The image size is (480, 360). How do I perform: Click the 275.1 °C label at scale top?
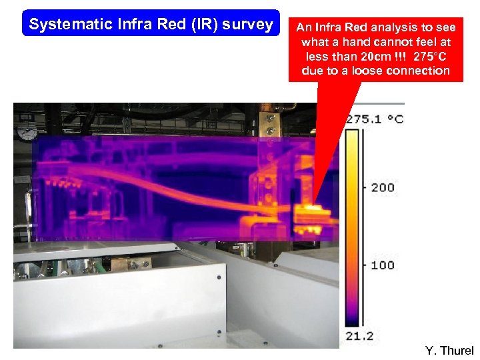tap(374, 119)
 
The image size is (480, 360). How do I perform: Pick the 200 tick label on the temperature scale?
tap(383, 187)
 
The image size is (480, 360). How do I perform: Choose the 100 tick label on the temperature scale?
tap(383, 265)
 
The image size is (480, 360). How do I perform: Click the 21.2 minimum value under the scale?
tap(359, 336)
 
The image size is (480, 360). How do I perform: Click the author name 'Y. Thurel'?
tap(449, 351)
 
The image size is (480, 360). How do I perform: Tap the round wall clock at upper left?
tap(27, 132)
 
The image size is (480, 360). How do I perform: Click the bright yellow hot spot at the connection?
tap(311, 212)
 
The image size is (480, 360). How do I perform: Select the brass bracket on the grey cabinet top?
tap(131, 263)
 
